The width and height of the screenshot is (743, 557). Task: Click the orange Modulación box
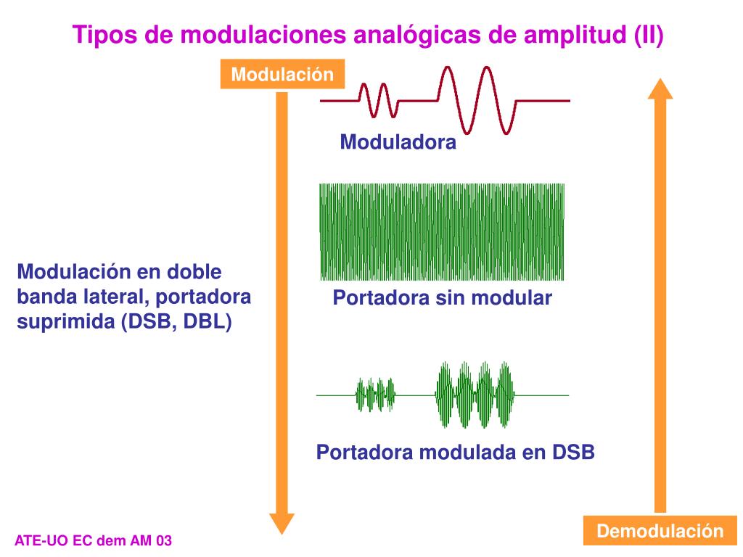tap(282, 75)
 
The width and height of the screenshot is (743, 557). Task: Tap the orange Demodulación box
tap(660, 531)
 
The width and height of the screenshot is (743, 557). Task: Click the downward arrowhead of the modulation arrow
tap(282, 522)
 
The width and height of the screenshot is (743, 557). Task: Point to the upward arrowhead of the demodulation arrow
tap(660, 88)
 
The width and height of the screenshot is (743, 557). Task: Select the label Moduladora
tap(398, 142)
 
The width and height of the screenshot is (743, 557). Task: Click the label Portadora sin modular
tap(442, 297)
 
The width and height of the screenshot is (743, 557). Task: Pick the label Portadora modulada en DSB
tap(455, 453)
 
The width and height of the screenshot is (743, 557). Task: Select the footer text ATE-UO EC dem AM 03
tap(94, 541)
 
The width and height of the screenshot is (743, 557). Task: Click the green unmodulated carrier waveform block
tap(442, 231)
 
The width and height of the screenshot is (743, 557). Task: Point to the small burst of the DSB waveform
tap(375, 395)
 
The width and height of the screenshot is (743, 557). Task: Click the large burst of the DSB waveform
tap(475, 395)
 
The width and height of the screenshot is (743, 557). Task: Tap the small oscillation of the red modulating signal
tap(379, 100)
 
